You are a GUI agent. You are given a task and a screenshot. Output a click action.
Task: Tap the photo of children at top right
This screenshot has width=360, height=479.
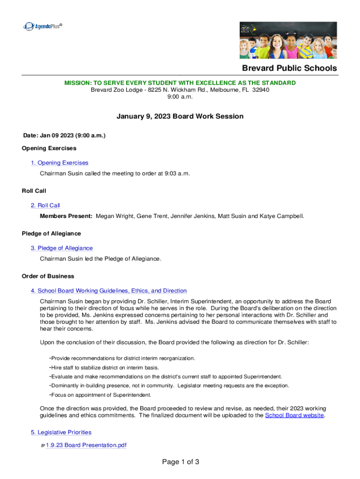pyautogui.click(x=288, y=41)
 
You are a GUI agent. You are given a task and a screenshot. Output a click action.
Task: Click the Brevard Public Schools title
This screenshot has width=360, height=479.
pyautogui.click(x=289, y=68)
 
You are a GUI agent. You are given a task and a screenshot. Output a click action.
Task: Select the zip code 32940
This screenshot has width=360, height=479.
pyautogui.click(x=260, y=90)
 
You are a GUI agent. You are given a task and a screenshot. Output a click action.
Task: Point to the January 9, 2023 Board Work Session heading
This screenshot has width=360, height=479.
pyautogui.click(x=180, y=116)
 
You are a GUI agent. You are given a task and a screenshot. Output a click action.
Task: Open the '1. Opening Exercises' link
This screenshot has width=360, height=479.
pyautogui.click(x=59, y=163)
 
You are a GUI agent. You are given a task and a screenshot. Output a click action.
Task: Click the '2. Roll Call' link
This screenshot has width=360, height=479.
pyautogui.click(x=45, y=205)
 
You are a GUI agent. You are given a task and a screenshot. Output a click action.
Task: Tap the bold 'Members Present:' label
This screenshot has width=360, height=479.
pyautogui.click(x=66, y=216)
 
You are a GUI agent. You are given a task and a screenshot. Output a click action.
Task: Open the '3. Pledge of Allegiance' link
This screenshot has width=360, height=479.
pyautogui.click(x=62, y=248)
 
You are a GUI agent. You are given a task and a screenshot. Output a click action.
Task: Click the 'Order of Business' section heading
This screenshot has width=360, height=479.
pyautogui.click(x=48, y=276)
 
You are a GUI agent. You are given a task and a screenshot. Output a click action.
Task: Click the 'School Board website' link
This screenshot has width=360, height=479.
pyautogui.click(x=294, y=415)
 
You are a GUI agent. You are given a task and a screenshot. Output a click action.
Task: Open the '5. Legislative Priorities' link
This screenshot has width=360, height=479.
pyautogui.click(x=61, y=432)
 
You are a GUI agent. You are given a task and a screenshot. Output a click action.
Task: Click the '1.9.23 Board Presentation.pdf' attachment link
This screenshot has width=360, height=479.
pyautogui.click(x=86, y=445)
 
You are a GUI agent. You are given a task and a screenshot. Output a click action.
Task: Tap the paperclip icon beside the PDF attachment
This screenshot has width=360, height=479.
pyautogui.click(x=43, y=445)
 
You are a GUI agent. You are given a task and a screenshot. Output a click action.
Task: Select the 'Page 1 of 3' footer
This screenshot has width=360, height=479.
pyautogui.click(x=180, y=462)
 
